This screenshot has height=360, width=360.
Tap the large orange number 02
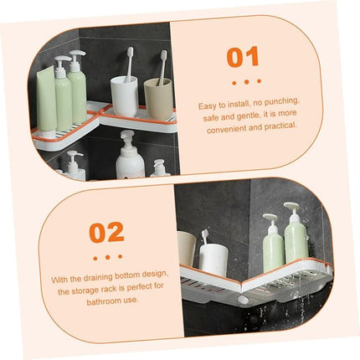[x=106, y=232]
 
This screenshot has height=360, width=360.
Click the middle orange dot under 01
[x=246, y=82]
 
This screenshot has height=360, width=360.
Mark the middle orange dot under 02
[x=107, y=257]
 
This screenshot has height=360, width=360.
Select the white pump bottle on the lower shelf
[x=130, y=157]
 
